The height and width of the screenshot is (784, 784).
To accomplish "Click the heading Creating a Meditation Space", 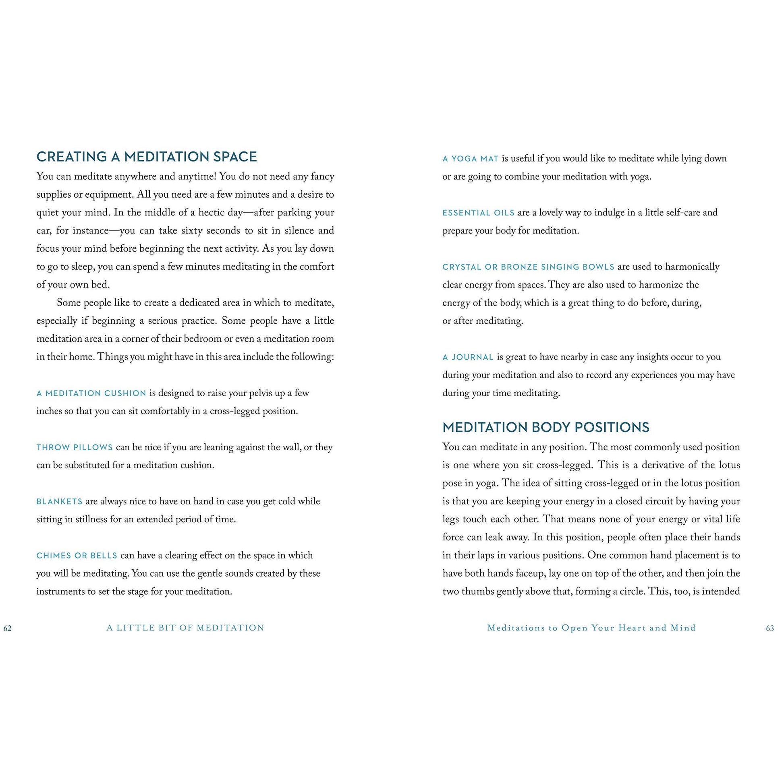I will (x=147, y=157).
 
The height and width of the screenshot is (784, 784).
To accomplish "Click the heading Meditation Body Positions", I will (x=545, y=427).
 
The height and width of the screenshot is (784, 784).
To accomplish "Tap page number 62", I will (x=7, y=629).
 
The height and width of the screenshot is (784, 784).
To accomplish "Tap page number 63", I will (x=770, y=629).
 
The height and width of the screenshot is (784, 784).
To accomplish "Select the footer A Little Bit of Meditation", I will (x=185, y=628).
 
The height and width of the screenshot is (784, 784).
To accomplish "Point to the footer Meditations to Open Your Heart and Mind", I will (x=591, y=628).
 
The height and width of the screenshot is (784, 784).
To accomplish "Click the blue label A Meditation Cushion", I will (x=91, y=393).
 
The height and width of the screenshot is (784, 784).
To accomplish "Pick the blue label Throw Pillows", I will (x=74, y=448).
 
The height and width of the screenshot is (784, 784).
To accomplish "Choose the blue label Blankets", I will (x=59, y=502).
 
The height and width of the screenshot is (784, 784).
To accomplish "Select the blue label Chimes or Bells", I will (x=77, y=556).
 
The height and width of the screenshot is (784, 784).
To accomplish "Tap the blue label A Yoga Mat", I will (x=470, y=159).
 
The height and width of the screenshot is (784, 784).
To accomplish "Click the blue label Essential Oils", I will (x=478, y=213).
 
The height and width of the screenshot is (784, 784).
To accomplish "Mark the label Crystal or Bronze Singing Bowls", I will (x=528, y=267).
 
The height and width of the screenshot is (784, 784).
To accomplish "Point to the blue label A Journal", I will (x=468, y=358).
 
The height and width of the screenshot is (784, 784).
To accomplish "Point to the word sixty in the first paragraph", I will (x=191, y=231).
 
